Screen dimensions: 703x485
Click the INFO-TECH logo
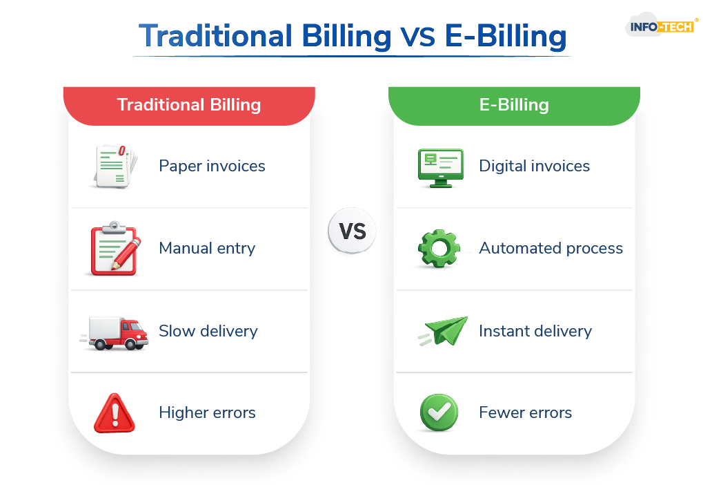pos(662,26)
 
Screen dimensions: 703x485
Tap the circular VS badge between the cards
pos(352,231)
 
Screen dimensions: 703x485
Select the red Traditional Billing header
pos(189,106)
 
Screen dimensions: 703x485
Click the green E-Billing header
pos(514,106)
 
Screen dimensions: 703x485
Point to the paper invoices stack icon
pos(115,166)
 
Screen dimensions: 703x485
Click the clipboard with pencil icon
pos(115,248)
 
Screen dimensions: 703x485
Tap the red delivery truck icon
pos(115,333)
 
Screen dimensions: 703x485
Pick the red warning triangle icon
pos(115,413)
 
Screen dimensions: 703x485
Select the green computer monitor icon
pos(441,168)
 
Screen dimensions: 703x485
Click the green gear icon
pos(439,248)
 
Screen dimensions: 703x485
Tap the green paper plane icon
pos(444,332)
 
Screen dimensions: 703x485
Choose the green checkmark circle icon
pos(439,412)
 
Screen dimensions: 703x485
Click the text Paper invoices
pos(212,166)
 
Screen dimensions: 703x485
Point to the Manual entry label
pos(207,248)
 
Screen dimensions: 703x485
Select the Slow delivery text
pos(208,331)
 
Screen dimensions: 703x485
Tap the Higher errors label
pos(207,412)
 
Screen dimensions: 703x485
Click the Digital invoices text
pos(535,166)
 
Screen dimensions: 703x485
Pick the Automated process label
pos(551,248)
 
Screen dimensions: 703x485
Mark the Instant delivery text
pos(535,331)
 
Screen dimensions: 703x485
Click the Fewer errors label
pos(526,412)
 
